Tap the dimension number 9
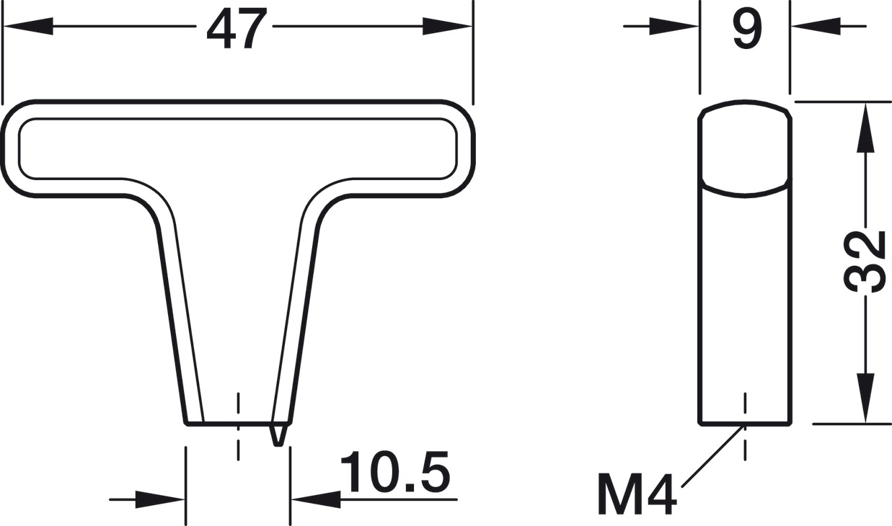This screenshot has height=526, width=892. [x=746, y=29]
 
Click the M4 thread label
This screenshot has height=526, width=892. [x=636, y=494]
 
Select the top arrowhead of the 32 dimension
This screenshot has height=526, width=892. [x=865, y=126]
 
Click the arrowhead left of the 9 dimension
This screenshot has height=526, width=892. [x=674, y=27]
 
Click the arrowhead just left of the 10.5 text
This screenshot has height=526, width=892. [x=315, y=499]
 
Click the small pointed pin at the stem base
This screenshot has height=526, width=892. [x=278, y=434]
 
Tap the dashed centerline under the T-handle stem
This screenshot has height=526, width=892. [x=237, y=425]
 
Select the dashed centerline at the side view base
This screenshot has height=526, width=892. [x=744, y=425]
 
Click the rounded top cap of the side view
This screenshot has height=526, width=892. [x=745, y=148]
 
